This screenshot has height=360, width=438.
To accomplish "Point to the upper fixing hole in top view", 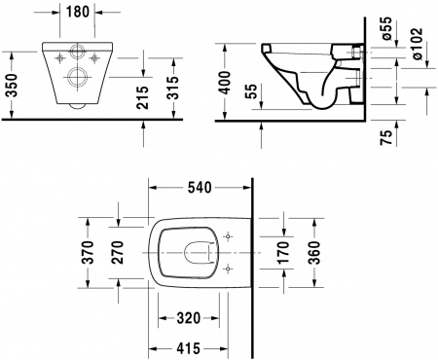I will (229, 235).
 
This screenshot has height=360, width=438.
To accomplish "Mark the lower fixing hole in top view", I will (229, 270).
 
